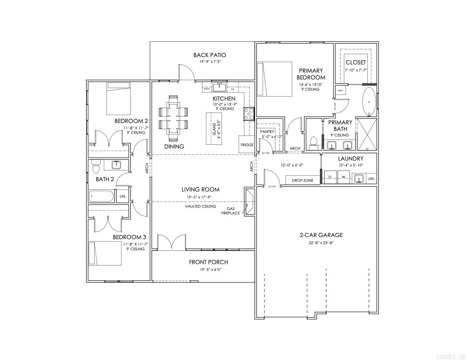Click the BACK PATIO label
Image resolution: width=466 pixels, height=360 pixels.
point(209,55)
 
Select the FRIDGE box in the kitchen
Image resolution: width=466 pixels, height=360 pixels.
point(247,144)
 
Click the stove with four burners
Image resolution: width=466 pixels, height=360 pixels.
point(249,114)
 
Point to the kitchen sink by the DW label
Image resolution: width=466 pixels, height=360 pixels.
point(219,87)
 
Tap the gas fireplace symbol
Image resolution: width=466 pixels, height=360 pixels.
point(249,202)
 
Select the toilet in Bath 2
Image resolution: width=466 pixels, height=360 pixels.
point(96,167)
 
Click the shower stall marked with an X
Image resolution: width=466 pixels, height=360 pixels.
point(367,134)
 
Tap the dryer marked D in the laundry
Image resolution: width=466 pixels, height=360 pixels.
point(330,177)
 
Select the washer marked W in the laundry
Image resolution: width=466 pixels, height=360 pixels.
point(343,177)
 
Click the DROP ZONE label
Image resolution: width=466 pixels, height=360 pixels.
point(302,181)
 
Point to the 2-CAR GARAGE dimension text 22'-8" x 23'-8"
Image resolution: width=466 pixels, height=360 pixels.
point(321,243)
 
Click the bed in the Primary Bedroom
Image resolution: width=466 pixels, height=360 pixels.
point(274,79)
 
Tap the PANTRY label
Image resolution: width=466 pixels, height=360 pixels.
point(267,131)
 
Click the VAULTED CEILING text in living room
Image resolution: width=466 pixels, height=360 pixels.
point(200,206)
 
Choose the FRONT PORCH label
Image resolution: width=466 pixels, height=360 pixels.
point(209,262)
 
